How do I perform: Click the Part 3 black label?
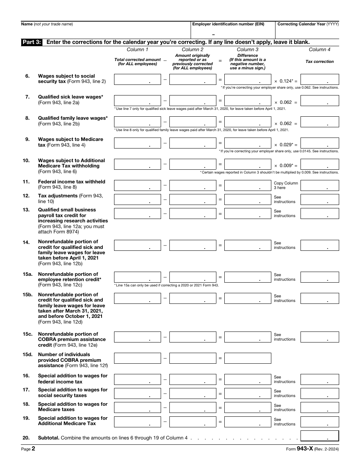coord(32,42)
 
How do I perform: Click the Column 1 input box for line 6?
coord(137,80)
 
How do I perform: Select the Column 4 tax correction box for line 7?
coord(319,101)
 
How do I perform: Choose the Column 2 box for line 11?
coord(193,186)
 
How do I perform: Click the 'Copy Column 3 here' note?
coord(286,186)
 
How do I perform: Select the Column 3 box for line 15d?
coord(247,358)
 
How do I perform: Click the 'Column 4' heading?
coord(319,50)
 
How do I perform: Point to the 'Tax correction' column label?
coord(319,61)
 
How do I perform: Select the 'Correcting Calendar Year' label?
coord(308,24)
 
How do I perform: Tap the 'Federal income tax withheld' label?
coord(71,182)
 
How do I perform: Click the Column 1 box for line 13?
coord(137,214)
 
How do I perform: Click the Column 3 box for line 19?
coord(247,422)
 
